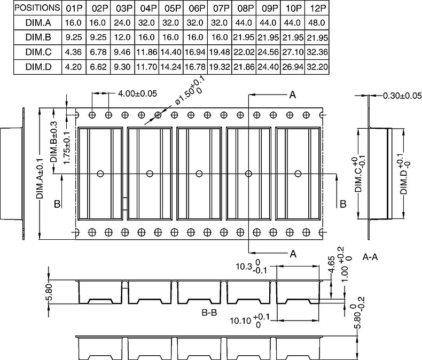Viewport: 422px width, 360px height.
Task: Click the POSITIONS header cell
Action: pos(37,8)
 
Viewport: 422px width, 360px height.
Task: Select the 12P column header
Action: pos(317,9)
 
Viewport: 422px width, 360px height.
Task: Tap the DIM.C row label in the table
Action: pos(38,52)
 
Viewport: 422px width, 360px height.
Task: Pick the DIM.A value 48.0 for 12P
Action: pos(317,22)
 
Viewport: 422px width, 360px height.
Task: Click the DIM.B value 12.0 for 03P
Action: pos(122,37)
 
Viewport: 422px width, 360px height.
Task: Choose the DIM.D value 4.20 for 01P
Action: pos(74,67)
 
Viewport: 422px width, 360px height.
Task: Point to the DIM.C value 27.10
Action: pos(293,52)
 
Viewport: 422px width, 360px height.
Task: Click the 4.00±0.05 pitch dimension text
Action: pos(137,93)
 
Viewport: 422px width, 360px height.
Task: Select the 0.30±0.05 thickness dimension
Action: pos(402,96)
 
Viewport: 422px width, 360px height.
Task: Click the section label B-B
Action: pos(209,312)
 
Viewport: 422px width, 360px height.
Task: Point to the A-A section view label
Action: pos(370,257)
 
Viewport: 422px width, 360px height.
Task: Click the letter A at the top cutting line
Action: pos(293,95)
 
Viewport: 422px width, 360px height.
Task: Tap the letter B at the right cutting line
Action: pos(343,204)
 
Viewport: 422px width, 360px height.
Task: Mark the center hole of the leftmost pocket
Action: pos(100,174)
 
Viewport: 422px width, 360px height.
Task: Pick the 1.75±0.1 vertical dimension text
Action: pos(66,147)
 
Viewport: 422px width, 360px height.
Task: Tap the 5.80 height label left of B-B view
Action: pos(49,292)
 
